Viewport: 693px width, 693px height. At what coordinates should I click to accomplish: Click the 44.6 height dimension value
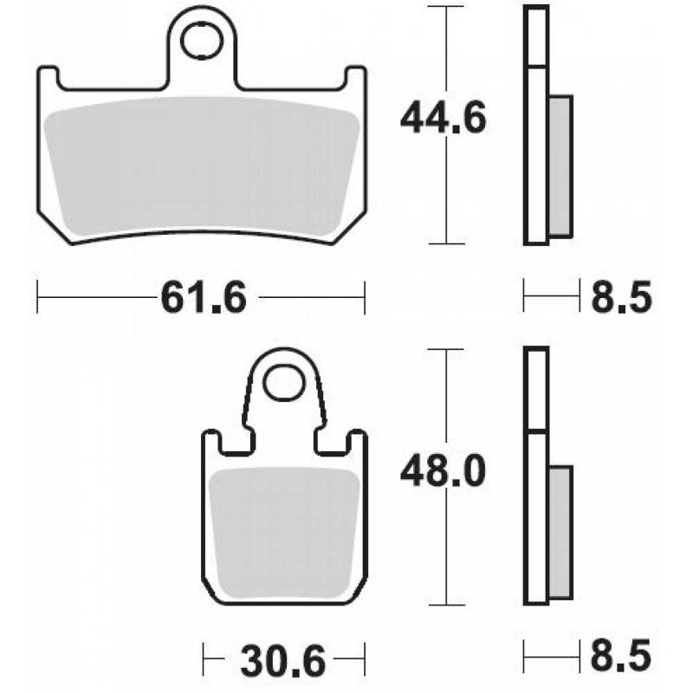(x=443, y=119)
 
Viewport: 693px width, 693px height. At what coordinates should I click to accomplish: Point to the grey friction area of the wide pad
(x=201, y=165)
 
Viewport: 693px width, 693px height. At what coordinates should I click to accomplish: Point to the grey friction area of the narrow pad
(x=284, y=528)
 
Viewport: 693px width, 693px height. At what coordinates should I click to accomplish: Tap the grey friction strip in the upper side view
(x=560, y=165)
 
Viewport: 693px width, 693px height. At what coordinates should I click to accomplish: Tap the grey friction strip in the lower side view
(x=560, y=528)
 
